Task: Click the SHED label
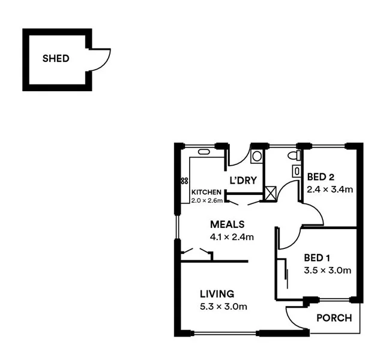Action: (56, 59)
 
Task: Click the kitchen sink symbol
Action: (204, 152)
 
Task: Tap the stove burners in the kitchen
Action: (182, 181)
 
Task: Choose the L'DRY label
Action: (243, 180)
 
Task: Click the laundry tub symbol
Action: (256, 157)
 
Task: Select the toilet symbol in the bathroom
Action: (293, 156)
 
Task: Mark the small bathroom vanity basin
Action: (295, 171)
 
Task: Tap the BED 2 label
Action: (320, 177)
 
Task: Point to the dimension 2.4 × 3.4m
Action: (329, 190)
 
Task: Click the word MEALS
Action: (227, 224)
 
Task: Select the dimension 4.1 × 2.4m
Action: (232, 237)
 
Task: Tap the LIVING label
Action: (217, 294)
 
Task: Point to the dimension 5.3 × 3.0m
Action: (223, 307)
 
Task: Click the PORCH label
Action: (334, 318)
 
